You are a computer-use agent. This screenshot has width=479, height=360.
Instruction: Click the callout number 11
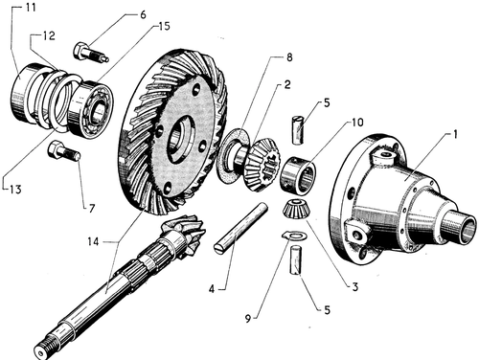31,7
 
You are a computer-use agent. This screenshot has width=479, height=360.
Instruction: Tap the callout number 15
164,26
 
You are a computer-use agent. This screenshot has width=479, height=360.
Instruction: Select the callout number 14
93,241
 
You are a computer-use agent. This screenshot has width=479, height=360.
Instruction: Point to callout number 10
357,123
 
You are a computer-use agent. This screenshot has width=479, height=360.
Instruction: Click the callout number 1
456,134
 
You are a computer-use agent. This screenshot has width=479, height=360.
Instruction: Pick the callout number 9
248,318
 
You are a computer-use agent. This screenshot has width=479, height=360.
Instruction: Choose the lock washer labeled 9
295,236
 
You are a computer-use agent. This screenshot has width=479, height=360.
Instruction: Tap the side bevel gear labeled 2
263,165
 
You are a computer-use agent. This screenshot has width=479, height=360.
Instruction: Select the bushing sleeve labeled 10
298,175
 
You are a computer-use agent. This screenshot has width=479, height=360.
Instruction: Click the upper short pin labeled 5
298,130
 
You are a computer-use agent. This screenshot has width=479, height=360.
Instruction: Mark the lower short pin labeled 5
296,259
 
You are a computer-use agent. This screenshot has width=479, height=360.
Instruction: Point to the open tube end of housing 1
467,229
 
